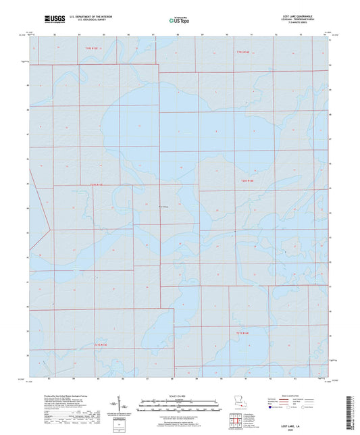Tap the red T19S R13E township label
point(91,48)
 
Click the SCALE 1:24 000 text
point(179,395)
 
